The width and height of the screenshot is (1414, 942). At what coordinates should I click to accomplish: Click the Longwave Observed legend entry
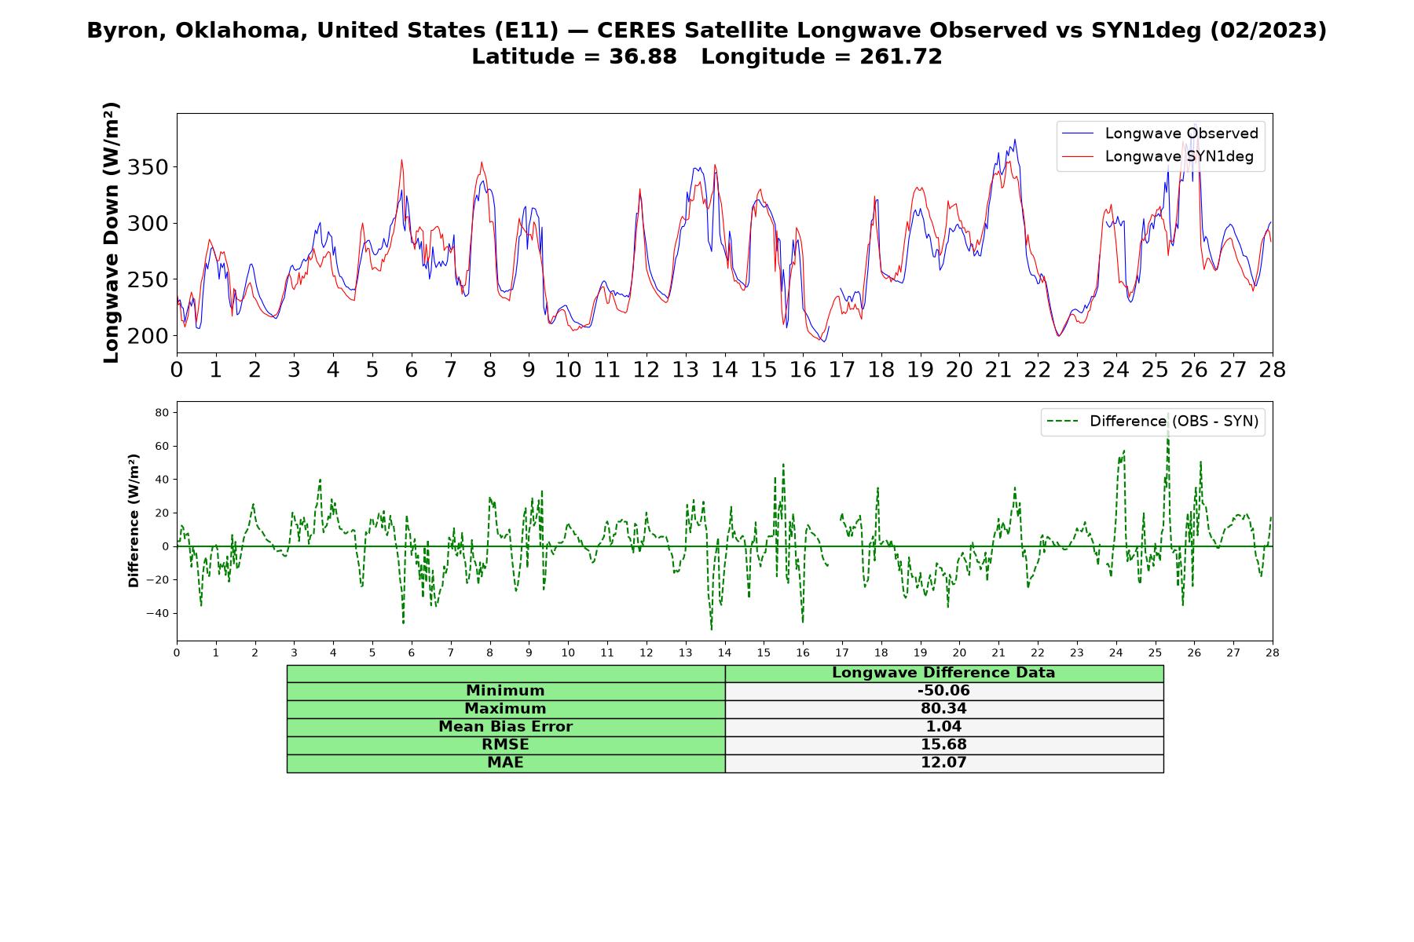(x=1160, y=133)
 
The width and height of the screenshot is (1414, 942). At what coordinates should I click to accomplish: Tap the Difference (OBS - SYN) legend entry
(x=1153, y=422)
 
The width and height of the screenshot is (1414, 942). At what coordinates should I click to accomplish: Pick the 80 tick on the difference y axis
(x=163, y=412)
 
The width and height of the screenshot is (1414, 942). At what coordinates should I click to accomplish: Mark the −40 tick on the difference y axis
(x=159, y=613)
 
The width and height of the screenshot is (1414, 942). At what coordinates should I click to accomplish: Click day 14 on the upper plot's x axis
(x=724, y=370)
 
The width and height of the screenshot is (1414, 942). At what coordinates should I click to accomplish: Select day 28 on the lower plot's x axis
(x=1272, y=652)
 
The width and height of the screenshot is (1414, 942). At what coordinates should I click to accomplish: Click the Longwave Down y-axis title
(x=112, y=232)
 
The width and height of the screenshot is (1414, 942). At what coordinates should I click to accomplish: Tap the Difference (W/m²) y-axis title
(x=134, y=520)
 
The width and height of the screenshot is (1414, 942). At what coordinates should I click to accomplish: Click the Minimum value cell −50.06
(x=943, y=691)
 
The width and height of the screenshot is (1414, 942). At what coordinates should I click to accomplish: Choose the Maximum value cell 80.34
(x=943, y=709)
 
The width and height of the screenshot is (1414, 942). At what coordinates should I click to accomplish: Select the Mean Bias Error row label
(x=505, y=727)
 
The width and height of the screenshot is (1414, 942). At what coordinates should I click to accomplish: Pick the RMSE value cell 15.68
(x=943, y=745)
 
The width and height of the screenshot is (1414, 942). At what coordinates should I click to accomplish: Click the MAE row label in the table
(x=505, y=763)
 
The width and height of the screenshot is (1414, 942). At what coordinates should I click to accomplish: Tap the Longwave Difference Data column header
(x=943, y=673)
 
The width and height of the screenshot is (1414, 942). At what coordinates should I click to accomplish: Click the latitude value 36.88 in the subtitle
(x=643, y=57)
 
